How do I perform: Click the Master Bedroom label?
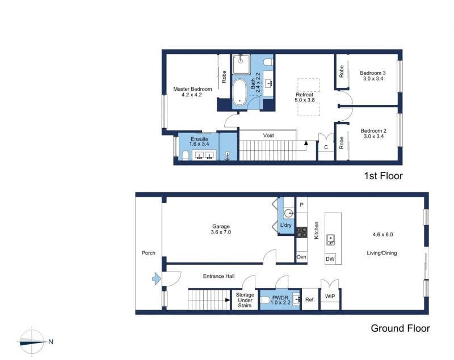pos(192,89)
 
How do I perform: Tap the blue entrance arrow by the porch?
pos(157,279)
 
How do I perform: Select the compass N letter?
pos(51,342)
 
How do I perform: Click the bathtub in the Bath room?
pos(239,92)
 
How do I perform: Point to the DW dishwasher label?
pos(330,259)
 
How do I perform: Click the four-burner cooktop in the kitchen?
pos(301,232)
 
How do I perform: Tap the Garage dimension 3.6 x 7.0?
pos(221,232)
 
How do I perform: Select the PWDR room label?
pos(280,298)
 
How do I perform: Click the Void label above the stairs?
pos(268,135)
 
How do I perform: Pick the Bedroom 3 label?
pos(373,73)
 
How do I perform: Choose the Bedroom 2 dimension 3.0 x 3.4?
pos(373,136)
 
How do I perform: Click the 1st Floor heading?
pos(383,176)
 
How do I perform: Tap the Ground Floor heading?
pos(401,328)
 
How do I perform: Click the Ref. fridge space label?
pos(310,299)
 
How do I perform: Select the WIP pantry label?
pos(330,297)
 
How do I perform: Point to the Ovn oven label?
pos(301,257)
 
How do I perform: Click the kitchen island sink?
pos(330,240)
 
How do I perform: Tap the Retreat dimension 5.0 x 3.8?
pos(305,100)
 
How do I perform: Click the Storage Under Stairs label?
pos(245,300)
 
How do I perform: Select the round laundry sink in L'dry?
pos(288,214)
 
